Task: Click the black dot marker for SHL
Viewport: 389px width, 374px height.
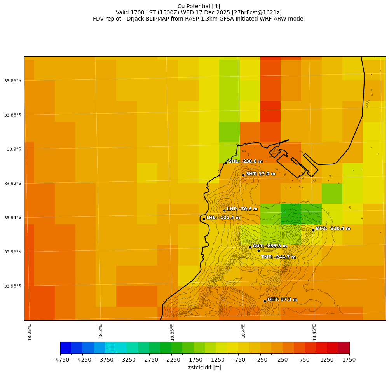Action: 226,163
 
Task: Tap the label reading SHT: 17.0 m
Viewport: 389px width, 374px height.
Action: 260,174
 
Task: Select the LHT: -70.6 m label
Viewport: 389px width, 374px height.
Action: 242,209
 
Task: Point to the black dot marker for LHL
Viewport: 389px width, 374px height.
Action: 204,219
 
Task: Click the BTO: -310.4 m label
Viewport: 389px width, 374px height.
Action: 333,229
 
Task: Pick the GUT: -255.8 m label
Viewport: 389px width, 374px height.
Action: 270,246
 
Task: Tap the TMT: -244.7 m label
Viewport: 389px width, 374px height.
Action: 278,257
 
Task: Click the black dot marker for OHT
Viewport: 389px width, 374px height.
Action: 265,301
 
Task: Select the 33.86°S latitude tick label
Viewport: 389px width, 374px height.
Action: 12,81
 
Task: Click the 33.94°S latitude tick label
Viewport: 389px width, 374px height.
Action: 12,218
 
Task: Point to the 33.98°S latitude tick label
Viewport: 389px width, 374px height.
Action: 12,286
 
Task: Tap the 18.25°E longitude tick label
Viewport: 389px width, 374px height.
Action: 30,332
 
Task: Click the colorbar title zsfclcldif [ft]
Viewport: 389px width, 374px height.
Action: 205,367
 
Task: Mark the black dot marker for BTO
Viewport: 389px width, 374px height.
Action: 313,230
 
